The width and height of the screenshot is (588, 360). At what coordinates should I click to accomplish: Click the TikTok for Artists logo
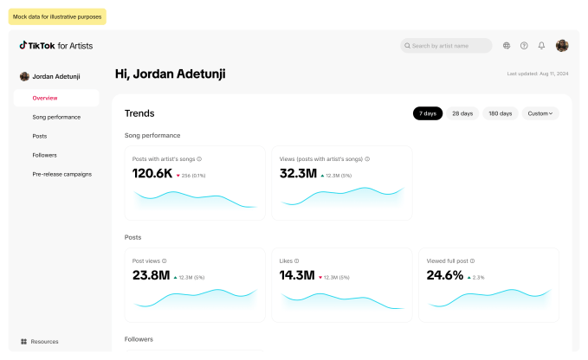pos(56,46)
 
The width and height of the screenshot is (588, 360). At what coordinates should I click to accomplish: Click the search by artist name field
pos(446,46)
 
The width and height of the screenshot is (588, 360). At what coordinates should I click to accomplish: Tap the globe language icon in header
pos(507,46)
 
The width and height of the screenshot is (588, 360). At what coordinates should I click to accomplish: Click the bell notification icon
pos(541,46)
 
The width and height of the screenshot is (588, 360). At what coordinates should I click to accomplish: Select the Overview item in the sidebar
pos(45,98)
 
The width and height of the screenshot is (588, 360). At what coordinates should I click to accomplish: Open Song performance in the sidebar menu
pos(56,117)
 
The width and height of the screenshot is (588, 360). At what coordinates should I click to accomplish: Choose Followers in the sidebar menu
pos(44,155)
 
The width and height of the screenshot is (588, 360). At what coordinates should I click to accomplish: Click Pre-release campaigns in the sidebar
pos(61,174)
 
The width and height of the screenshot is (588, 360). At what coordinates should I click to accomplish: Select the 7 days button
pos(428,113)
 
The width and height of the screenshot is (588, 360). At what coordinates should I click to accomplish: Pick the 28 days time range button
pos(462,113)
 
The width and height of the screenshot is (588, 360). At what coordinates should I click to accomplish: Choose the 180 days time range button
pos(500,113)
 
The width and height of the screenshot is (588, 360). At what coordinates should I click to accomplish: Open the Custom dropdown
pos(540,113)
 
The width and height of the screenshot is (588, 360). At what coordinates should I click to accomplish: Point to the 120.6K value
pos(152,174)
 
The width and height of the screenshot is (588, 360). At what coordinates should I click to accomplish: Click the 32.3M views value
pos(298,174)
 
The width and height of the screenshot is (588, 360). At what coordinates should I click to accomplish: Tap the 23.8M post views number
pos(151,276)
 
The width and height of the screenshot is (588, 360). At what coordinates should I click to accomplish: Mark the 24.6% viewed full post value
pos(445,276)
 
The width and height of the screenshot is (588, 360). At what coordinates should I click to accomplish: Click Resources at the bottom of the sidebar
pos(44,342)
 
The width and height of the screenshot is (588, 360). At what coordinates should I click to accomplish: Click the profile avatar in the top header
pos(562,46)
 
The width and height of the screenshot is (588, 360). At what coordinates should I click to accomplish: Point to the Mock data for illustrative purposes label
pos(57,16)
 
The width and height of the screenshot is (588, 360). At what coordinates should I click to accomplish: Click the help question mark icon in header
pos(524,46)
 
